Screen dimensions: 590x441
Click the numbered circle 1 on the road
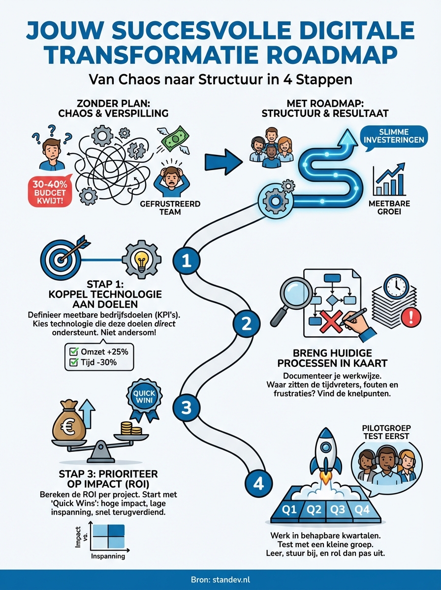pos(187,261)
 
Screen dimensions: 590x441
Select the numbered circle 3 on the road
pos(187,407)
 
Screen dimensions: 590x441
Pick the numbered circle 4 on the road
pos(258,484)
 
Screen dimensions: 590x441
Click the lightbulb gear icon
pos(141,257)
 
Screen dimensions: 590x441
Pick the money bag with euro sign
pos(69,423)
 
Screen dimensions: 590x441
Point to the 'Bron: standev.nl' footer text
pos(220,580)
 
